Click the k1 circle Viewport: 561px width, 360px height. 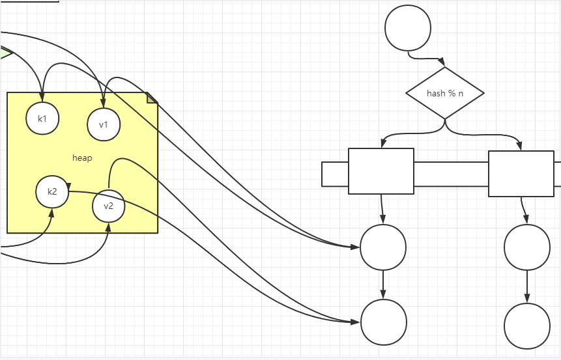(42, 118)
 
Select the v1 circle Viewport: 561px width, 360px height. (104, 124)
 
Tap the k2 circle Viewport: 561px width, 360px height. (52, 191)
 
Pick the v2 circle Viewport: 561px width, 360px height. (108, 206)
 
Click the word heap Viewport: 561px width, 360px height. (82, 158)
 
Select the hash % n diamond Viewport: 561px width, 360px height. (445, 93)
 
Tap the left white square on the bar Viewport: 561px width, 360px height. (381, 171)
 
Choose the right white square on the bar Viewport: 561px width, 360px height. (521, 174)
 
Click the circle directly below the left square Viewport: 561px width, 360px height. (383, 247)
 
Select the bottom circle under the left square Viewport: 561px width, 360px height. (384, 322)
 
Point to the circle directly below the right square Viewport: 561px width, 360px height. (527, 247)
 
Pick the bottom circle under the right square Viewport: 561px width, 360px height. (527, 325)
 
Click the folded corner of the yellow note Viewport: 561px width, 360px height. (152, 97)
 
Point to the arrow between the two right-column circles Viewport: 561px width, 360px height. (527, 286)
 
